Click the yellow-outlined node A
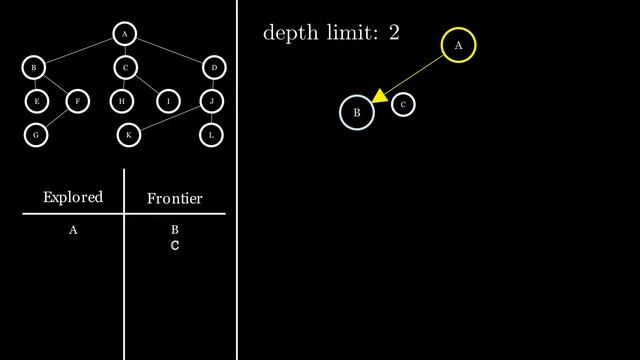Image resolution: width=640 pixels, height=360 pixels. point(458,46)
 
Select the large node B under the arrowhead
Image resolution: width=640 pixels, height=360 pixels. point(357,113)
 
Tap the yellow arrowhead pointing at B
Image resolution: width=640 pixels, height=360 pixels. point(379,95)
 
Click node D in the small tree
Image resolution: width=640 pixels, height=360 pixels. point(213,68)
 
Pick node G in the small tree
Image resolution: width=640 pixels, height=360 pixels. point(36,133)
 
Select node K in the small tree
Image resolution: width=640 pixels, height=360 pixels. point(128,133)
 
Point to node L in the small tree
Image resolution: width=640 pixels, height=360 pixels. point(211,133)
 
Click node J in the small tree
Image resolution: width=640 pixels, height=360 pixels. point(211,101)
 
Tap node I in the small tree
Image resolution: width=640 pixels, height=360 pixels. point(169,101)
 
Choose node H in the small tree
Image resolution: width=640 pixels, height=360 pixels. point(122,101)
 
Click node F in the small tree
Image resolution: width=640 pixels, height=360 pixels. point(77,101)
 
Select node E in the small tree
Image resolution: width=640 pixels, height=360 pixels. point(36,101)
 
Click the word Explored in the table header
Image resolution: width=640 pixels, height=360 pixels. point(73,197)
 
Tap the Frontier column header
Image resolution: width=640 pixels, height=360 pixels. point(174,199)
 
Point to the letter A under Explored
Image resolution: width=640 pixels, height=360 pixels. point(73,230)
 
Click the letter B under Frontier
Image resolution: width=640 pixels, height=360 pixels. point(174,230)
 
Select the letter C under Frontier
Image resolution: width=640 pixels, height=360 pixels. point(174,245)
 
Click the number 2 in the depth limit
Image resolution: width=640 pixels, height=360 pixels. point(394,33)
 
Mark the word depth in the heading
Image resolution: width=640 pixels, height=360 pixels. point(286,33)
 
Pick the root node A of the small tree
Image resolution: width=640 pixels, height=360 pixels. point(123,35)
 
